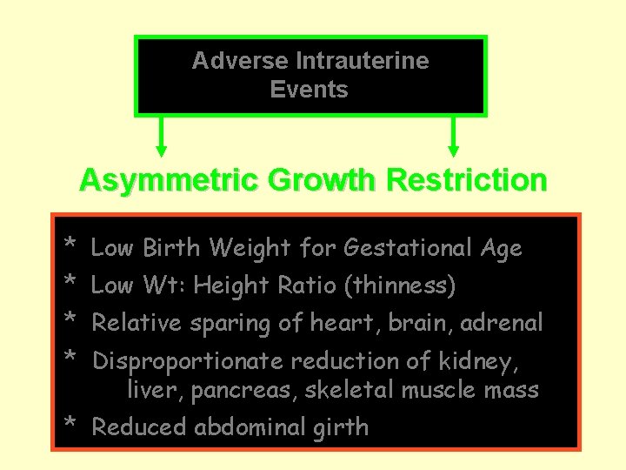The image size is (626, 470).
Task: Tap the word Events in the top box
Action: point(309,89)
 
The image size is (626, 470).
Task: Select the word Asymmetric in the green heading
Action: point(150,180)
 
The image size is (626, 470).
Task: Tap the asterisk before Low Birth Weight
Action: point(70,244)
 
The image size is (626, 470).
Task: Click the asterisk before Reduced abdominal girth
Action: point(70,424)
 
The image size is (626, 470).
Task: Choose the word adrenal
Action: point(502,323)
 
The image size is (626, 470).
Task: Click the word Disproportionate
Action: point(189,361)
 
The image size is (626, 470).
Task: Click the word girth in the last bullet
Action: point(346,427)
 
